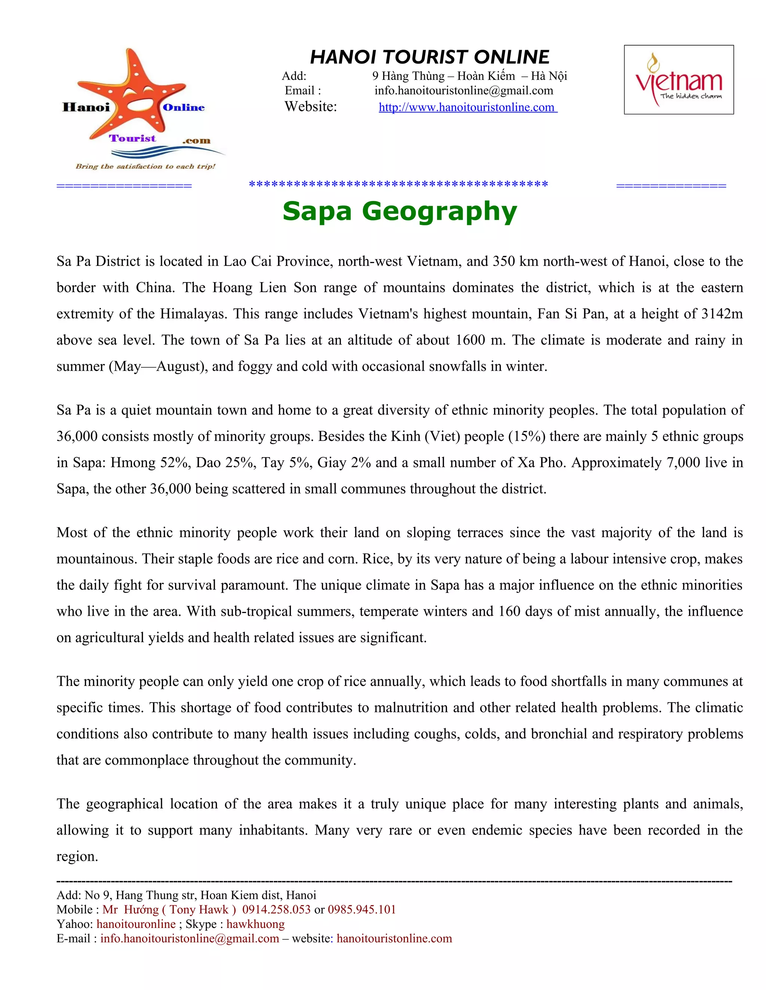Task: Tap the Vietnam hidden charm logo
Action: pyautogui.click(x=678, y=80)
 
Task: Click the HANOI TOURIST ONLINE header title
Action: pyautogui.click(x=429, y=58)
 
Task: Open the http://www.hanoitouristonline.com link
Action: pyautogui.click(x=468, y=108)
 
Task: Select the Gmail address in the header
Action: pyautogui.click(x=463, y=91)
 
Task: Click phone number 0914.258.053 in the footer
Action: pyautogui.click(x=276, y=910)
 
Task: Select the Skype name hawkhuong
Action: pyautogui.click(x=255, y=924)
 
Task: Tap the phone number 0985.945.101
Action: pyautogui.click(x=362, y=910)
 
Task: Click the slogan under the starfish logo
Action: pyautogui.click(x=145, y=166)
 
